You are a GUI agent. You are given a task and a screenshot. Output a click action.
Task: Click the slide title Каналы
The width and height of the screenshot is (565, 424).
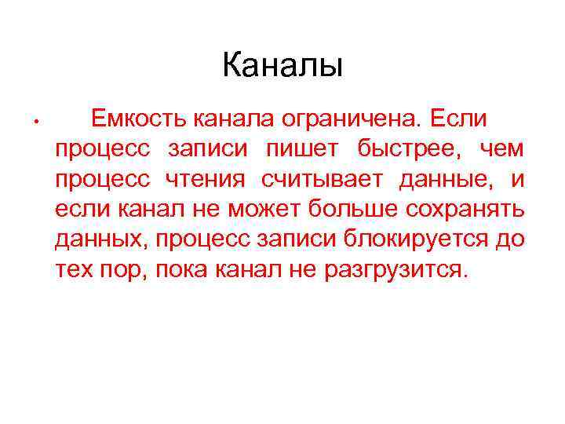[x=282, y=65]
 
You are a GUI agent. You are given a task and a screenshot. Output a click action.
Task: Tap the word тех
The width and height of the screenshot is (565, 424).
[x=72, y=271]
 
